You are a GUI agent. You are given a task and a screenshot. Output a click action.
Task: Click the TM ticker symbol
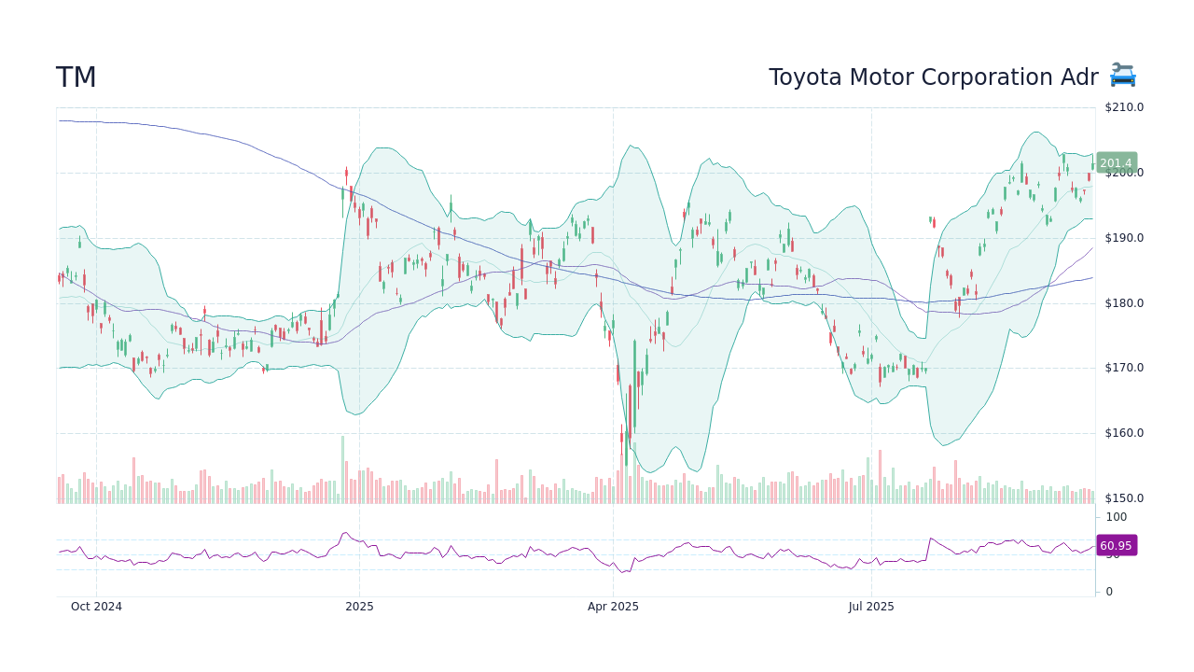point(76,78)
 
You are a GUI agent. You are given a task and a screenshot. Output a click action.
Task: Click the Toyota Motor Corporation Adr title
point(933,78)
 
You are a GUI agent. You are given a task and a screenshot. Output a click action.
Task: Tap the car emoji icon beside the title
point(1122,76)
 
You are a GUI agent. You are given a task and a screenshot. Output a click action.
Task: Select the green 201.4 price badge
point(1116,163)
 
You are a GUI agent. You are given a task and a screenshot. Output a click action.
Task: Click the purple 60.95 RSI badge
point(1116,546)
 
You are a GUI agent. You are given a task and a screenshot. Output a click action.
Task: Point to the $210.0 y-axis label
point(1124,107)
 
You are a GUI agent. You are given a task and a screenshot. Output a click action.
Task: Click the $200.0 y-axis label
point(1124,173)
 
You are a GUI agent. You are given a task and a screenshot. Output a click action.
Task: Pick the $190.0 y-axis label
point(1124,238)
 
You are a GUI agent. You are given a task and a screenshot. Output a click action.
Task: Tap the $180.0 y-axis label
point(1124,303)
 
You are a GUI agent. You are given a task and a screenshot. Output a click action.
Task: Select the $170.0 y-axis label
point(1124,368)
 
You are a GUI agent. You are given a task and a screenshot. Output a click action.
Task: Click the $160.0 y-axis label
point(1124,433)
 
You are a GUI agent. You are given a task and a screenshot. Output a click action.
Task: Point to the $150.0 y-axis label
point(1124,498)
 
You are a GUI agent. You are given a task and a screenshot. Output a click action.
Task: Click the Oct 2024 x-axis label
point(96,607)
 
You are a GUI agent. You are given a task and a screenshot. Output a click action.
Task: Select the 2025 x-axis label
point(359,607)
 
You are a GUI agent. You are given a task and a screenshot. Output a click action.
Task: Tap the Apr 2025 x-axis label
point(613,607)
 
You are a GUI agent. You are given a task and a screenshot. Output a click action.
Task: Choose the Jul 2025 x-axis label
point(871,607)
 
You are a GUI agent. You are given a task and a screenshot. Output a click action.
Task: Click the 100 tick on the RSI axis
point(1117,517)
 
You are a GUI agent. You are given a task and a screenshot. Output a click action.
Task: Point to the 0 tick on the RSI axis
point(1109,592)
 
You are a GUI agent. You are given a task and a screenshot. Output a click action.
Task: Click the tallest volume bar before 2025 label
point(342,470)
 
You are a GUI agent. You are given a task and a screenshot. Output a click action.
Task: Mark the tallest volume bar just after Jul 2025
point(880,477)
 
